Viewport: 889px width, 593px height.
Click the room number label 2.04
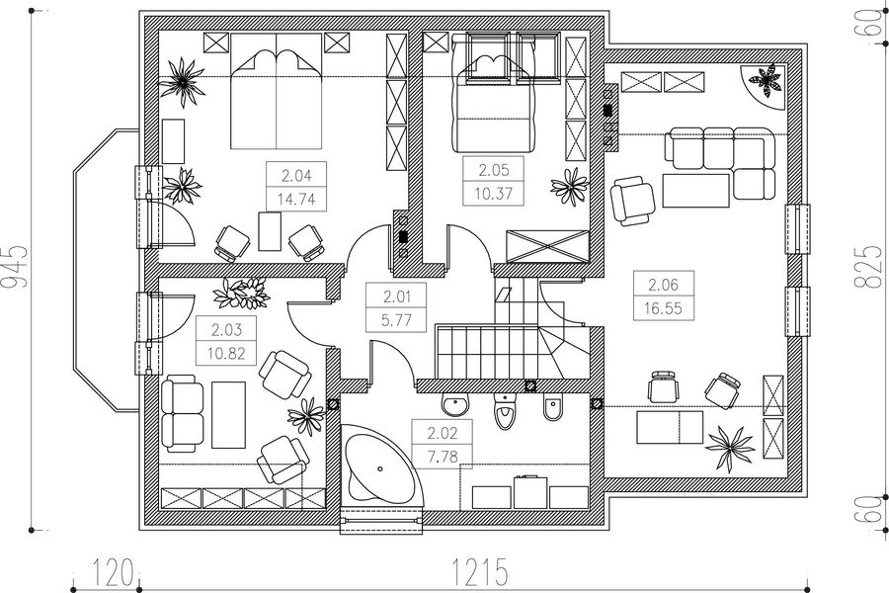click(x=296, y=176)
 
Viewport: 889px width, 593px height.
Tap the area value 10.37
click(x=493, y=194)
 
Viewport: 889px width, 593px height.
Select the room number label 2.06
click(x=663, y=285)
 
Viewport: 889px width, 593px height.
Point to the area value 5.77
click(x=396, y=320)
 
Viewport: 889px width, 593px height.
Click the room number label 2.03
click(x=226, y=329)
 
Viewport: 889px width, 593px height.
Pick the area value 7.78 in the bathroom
click(x=443, y=457)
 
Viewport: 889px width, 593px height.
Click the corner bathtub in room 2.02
click(x=381, y=462)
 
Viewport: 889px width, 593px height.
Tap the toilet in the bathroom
click(x=504, y=412)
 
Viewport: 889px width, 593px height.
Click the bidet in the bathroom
click(x=553, y=408)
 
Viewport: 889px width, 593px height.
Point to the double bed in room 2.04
click(x=277, y=91)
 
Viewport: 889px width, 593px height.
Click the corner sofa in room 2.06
click(x=720, y=163)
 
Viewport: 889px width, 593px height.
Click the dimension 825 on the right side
click(x=868, y=267)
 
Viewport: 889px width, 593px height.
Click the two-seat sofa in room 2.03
click(x=182, y=415)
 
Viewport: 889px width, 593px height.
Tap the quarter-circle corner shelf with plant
click(x=763, y=86)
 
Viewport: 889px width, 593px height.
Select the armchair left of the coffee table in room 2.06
click(x=632, y=201)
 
